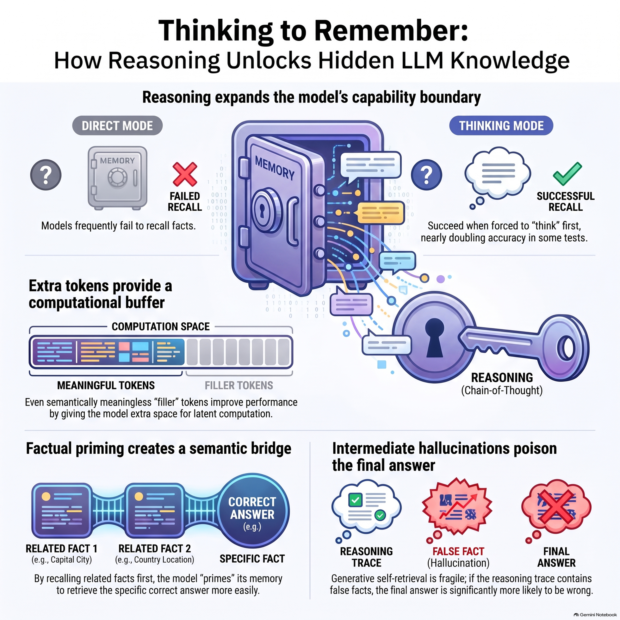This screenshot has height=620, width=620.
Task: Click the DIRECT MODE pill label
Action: [117, 125]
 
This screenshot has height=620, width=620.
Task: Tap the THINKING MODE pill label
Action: [501, 125]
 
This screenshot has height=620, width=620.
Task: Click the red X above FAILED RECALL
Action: [185, 174]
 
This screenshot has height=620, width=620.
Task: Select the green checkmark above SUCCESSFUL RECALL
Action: [567, 174]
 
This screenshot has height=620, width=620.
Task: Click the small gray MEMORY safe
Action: [117, 178]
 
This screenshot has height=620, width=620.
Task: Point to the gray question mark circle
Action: [46, 175]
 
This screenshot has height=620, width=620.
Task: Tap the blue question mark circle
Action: [427, 175]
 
